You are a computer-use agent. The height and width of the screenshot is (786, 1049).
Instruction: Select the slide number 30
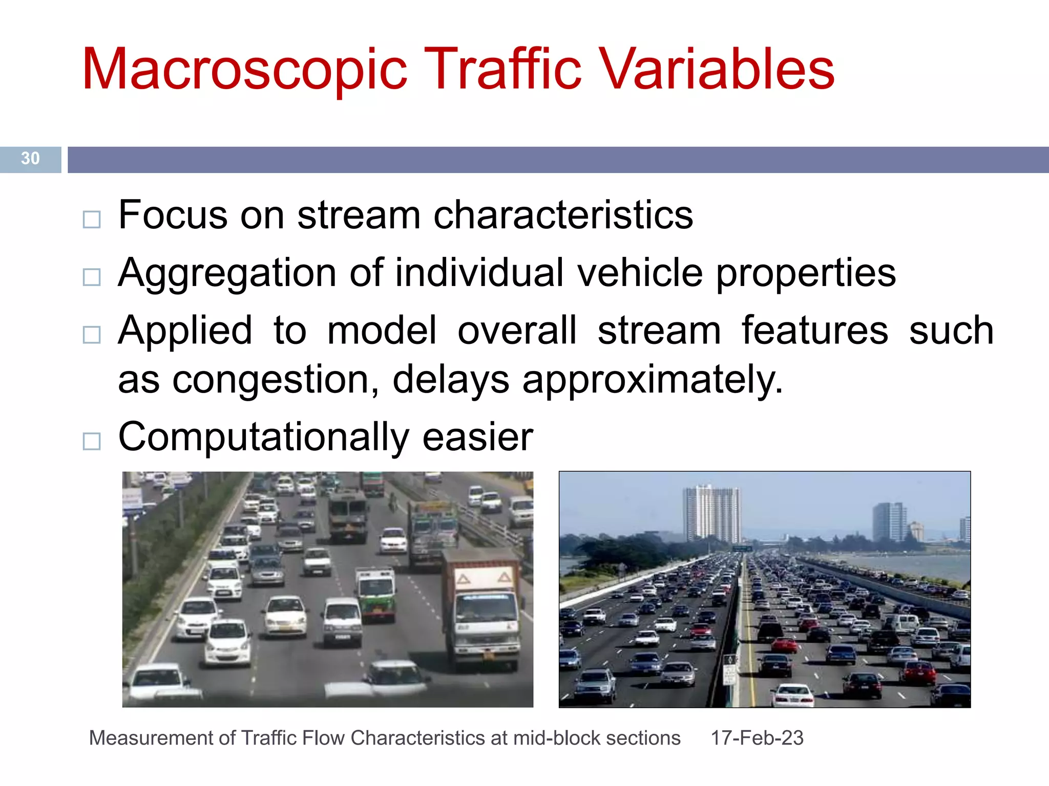coord(30,159)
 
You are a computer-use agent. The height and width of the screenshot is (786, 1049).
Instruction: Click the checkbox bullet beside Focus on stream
coord(92,220)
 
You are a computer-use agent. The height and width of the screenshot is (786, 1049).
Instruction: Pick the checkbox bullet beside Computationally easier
coord(92,441)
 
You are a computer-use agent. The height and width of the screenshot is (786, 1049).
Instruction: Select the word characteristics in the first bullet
coord(563,215)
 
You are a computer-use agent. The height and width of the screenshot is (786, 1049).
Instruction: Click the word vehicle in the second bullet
coord(640,272)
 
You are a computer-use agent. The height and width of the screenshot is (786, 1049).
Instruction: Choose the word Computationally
coord(263,438)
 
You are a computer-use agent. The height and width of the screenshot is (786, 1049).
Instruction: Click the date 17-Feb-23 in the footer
coord(757,738)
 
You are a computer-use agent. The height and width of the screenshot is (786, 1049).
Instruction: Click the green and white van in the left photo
coord(376,594)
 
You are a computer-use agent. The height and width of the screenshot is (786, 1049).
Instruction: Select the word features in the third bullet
coord(814,331)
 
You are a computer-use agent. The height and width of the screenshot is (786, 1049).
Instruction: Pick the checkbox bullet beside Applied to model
coord(92,335)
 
